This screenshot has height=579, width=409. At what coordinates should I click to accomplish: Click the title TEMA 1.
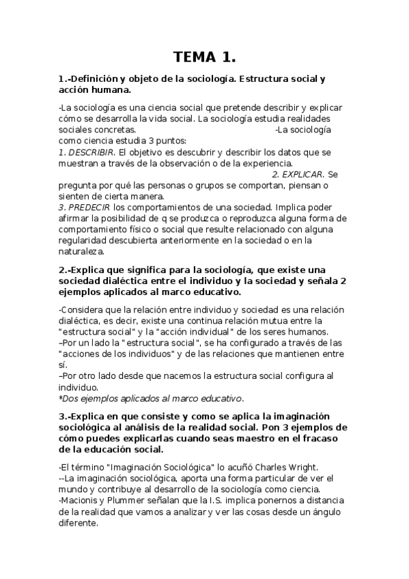[204, 57]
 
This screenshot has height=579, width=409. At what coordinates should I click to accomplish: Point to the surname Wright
[301, 467]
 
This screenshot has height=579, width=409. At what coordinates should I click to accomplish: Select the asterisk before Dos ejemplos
[61, 399]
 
